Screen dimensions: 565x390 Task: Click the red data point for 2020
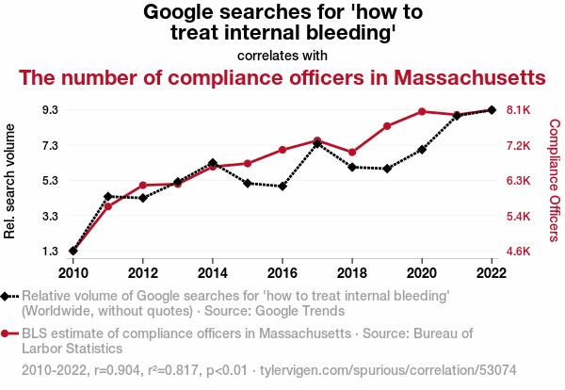click(x=422, y=112)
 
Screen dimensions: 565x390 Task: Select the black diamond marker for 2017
click(x=317, y=143)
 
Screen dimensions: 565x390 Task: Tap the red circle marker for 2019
click(x=387, y=126)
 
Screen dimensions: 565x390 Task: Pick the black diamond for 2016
click(x=282, y=187)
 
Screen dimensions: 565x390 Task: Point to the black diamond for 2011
click(x=107, y=197)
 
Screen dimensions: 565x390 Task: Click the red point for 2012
click(x=143, y=186)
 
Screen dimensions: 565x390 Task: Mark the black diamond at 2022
click(x=492, y=110)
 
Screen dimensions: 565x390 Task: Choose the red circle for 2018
click(x=352, y=153)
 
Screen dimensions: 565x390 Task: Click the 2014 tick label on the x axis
click(x=213, y=273)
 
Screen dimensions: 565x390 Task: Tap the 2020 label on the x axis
click(x=422, y=273)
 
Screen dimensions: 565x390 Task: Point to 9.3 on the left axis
click(x=51, y=110)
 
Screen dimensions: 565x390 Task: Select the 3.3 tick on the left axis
click(x=51, y=217)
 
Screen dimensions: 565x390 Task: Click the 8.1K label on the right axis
click(x=518, y=110)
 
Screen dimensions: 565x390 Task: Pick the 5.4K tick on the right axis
click(x=518, y=217)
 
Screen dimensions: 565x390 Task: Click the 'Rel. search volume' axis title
click(x=9, y=181)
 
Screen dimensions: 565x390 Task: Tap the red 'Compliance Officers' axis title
click(x=555, y=180)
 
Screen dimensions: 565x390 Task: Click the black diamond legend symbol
click(x=5, y=297)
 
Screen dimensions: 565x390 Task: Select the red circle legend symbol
click(x=5, y=333)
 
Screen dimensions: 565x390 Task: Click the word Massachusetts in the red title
click(x=470, y=77)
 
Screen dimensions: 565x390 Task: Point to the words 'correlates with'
click(x=282, y=56)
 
